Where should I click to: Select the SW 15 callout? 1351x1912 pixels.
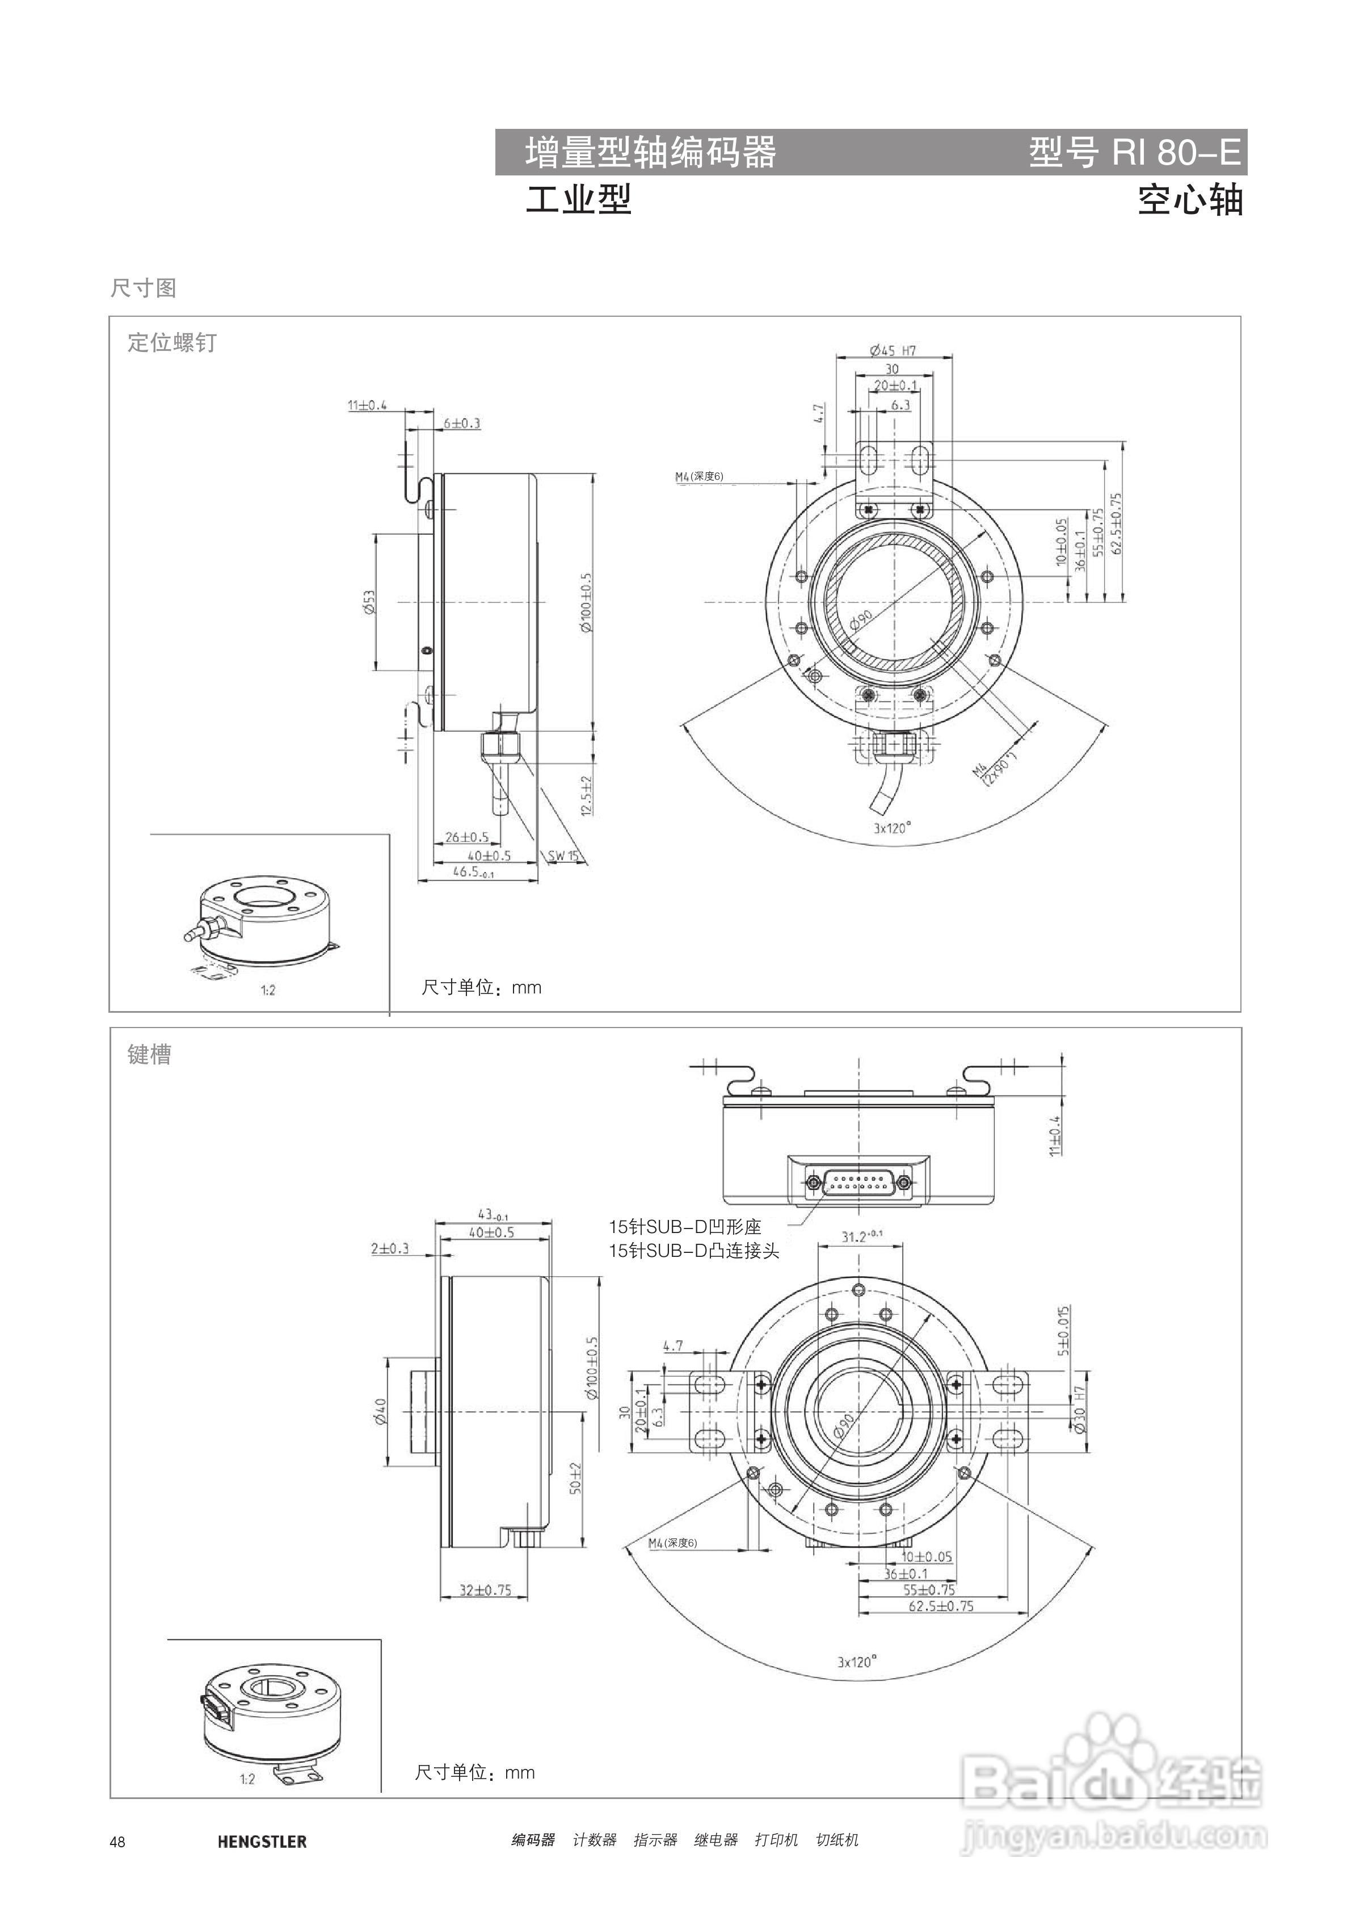click(x=563, y=856)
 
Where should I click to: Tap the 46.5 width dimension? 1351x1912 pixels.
click(x=473, y=872)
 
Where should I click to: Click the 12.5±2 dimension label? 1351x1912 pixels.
click(x=586, y=795)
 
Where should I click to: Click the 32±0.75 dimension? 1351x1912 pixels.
click(x=486, y=1590)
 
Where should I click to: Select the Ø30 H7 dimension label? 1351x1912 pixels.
click(x=1080, y=1409)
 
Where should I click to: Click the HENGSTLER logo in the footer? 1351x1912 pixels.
click(x=262, y=1843)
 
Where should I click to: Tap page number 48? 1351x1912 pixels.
click(x=117, y=1843)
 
